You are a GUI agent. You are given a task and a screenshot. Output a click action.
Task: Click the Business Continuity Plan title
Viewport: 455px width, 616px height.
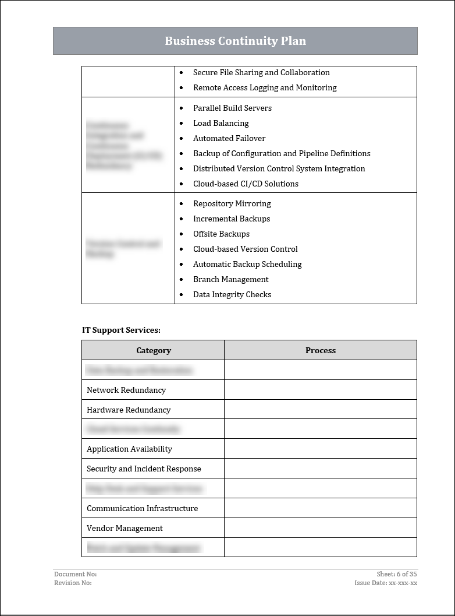[235, 41]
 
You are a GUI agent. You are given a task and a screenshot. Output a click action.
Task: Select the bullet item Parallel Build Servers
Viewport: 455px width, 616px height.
[232, 108]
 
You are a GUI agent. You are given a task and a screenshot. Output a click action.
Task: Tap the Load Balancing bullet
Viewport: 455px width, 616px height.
[221, 123]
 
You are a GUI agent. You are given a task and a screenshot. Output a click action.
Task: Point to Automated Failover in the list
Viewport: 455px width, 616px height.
[229, 138]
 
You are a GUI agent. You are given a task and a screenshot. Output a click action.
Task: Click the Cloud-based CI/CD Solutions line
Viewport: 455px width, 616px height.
[246, 184]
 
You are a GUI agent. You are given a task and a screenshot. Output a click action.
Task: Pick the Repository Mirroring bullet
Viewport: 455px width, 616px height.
[232, 203]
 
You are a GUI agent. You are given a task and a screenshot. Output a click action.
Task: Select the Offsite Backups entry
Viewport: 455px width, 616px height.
[221, 234]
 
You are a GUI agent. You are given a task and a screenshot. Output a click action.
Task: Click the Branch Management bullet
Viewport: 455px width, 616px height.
[230, 279]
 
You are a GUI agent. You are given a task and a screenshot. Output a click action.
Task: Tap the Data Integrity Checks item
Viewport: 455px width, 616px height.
[232, 294]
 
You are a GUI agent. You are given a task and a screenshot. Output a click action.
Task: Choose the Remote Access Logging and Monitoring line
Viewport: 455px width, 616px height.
[265, 87]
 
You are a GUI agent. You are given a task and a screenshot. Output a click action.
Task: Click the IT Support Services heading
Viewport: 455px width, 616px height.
[121, 330]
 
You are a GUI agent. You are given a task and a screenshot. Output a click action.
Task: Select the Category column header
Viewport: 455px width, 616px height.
[154, 350]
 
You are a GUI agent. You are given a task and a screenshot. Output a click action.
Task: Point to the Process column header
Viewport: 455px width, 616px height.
[321, 350]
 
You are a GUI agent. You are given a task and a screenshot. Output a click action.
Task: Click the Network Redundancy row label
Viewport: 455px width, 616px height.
[126, 390]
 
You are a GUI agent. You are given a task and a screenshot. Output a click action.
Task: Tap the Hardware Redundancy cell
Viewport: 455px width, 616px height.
[129, 410]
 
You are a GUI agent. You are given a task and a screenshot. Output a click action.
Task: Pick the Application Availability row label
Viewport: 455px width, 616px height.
[129, 449]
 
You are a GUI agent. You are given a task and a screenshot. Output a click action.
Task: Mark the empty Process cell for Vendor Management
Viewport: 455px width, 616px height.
[321, 528]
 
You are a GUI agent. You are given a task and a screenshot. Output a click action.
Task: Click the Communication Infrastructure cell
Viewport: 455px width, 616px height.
[142, 508]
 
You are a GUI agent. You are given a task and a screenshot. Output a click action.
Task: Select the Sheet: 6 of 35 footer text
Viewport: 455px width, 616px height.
[397, 574]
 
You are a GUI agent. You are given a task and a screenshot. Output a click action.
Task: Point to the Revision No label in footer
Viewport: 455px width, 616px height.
[73, 583]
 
